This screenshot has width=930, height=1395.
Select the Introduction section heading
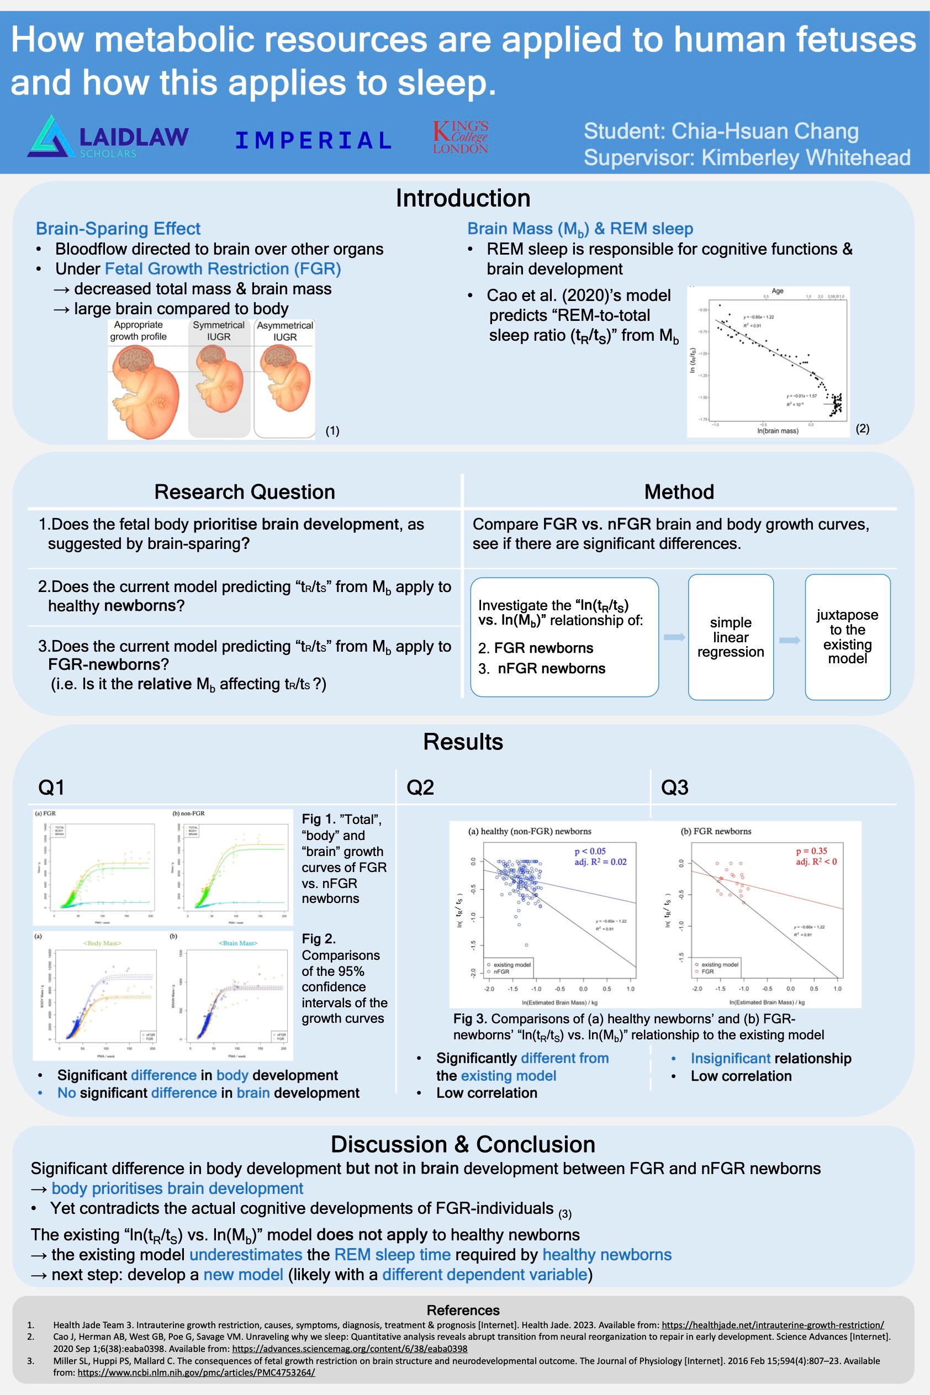click(463, 198)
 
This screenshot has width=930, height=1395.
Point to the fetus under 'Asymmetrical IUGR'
click(286, 379)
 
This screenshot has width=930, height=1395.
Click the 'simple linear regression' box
click(730, 637)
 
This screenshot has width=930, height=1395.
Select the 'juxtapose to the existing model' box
click(847, 637)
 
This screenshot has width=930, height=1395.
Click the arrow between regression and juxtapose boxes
click(789, 640)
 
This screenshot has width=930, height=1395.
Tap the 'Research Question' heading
click(244, 492)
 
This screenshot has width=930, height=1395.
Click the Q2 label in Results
click(420, 787)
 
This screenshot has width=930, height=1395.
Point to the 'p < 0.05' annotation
click(590, 851)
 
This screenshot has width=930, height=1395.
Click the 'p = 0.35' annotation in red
click(811, 850)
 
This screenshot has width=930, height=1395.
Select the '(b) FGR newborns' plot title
click(715, 831)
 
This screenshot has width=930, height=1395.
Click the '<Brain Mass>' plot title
click(238, 943)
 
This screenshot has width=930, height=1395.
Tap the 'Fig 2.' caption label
click(319, 939)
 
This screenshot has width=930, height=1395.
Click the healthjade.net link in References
click(772, 1324)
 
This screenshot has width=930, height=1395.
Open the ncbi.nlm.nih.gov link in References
click(195, 1372)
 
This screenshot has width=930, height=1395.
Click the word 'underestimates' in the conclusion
click(246, 1254)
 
